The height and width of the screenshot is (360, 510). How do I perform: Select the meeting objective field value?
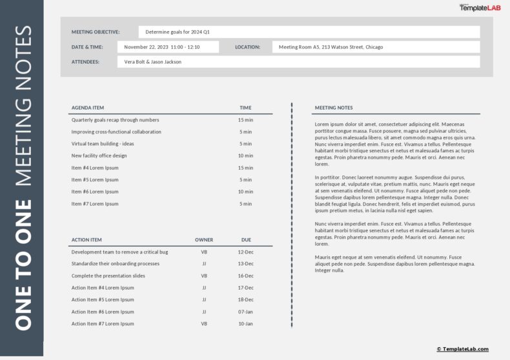309,32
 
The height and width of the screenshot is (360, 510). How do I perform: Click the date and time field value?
168,47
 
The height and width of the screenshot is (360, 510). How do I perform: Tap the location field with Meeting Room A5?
376,47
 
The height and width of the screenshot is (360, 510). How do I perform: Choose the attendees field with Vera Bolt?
298,62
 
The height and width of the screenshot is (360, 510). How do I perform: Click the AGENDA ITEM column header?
88,108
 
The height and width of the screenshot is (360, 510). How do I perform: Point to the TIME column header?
245,108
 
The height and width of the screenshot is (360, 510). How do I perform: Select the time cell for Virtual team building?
245,144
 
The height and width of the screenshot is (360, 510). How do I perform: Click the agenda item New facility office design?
99,155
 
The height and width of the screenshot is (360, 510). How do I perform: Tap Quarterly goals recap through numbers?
115,120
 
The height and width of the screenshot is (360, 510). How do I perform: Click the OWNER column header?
204,240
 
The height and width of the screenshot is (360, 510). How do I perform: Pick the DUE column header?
246,240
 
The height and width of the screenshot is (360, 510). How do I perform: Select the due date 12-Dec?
246,252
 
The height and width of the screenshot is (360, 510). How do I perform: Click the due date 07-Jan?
246,312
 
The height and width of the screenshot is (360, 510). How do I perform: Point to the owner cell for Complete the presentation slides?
204,275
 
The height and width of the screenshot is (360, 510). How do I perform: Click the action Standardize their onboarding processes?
116,264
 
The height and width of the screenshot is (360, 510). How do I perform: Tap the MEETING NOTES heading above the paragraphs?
334,108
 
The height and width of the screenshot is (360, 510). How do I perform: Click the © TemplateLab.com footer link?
462,349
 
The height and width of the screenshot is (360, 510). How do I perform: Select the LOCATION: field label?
247,47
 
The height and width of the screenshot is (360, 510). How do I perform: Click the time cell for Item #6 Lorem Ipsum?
245,192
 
